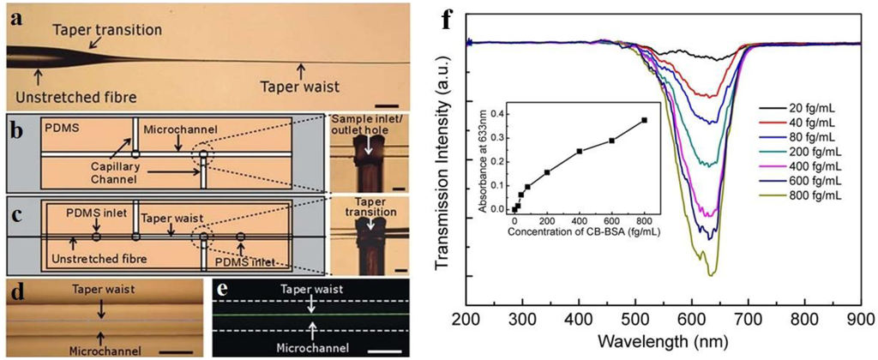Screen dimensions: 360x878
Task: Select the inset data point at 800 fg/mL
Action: click(x=644, y=120)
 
